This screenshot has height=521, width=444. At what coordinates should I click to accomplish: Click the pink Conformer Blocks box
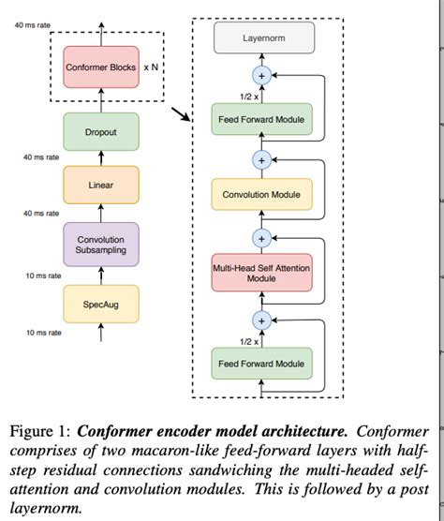(100, 67)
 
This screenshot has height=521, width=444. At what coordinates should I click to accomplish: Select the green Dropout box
(100, 132)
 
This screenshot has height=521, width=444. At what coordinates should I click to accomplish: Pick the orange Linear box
(100, 185)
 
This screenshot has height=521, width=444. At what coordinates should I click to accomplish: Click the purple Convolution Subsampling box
(100, 245)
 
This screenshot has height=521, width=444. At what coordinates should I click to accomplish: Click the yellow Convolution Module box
(261, 195)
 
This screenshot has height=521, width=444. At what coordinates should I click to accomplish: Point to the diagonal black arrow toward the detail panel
(177, 118)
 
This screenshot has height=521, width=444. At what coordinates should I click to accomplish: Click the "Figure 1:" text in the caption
(38, 433)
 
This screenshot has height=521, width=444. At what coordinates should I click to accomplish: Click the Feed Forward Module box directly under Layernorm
(261, 120)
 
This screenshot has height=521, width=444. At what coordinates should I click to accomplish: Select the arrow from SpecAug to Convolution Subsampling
(100, 275)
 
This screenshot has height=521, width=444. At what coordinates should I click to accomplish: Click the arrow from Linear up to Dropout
(100, 157)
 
